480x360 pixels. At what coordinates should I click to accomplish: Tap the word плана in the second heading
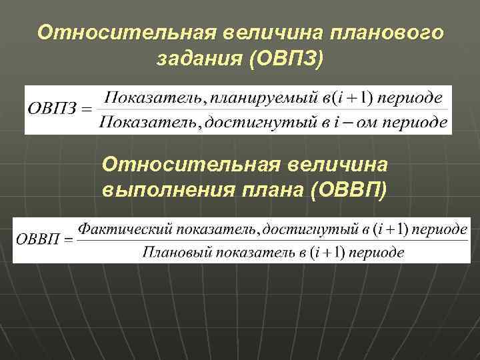click(271, 190)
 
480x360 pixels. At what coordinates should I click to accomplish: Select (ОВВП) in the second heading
click(347, 190)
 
